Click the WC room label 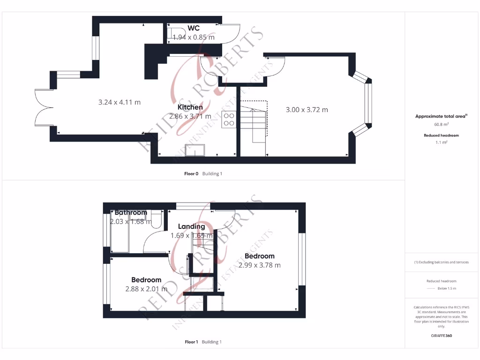194,28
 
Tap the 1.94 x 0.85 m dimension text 194,37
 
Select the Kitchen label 190,107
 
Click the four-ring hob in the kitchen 229,120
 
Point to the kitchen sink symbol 195,150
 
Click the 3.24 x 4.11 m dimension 120,102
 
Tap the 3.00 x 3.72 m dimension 307,110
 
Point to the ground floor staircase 253,127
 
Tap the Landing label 191,226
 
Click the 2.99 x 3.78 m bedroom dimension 260,265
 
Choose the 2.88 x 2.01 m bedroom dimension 146,289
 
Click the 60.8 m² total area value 441,125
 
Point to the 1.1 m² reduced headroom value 441,142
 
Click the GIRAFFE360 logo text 441,336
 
